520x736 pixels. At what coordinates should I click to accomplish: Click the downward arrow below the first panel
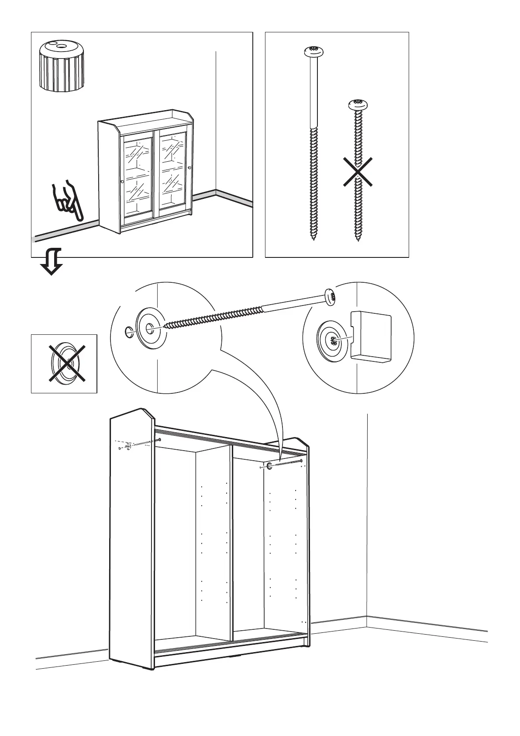[52, 262]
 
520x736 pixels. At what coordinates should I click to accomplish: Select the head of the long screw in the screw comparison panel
[313, 52]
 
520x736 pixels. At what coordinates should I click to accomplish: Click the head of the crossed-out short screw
[358, 105]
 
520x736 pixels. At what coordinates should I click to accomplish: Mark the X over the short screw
[358, 173]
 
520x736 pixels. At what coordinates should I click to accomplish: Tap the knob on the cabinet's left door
[122, 181]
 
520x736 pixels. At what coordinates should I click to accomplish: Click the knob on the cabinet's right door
[189, 168]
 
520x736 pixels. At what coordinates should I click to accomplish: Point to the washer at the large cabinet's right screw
[269, 466]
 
